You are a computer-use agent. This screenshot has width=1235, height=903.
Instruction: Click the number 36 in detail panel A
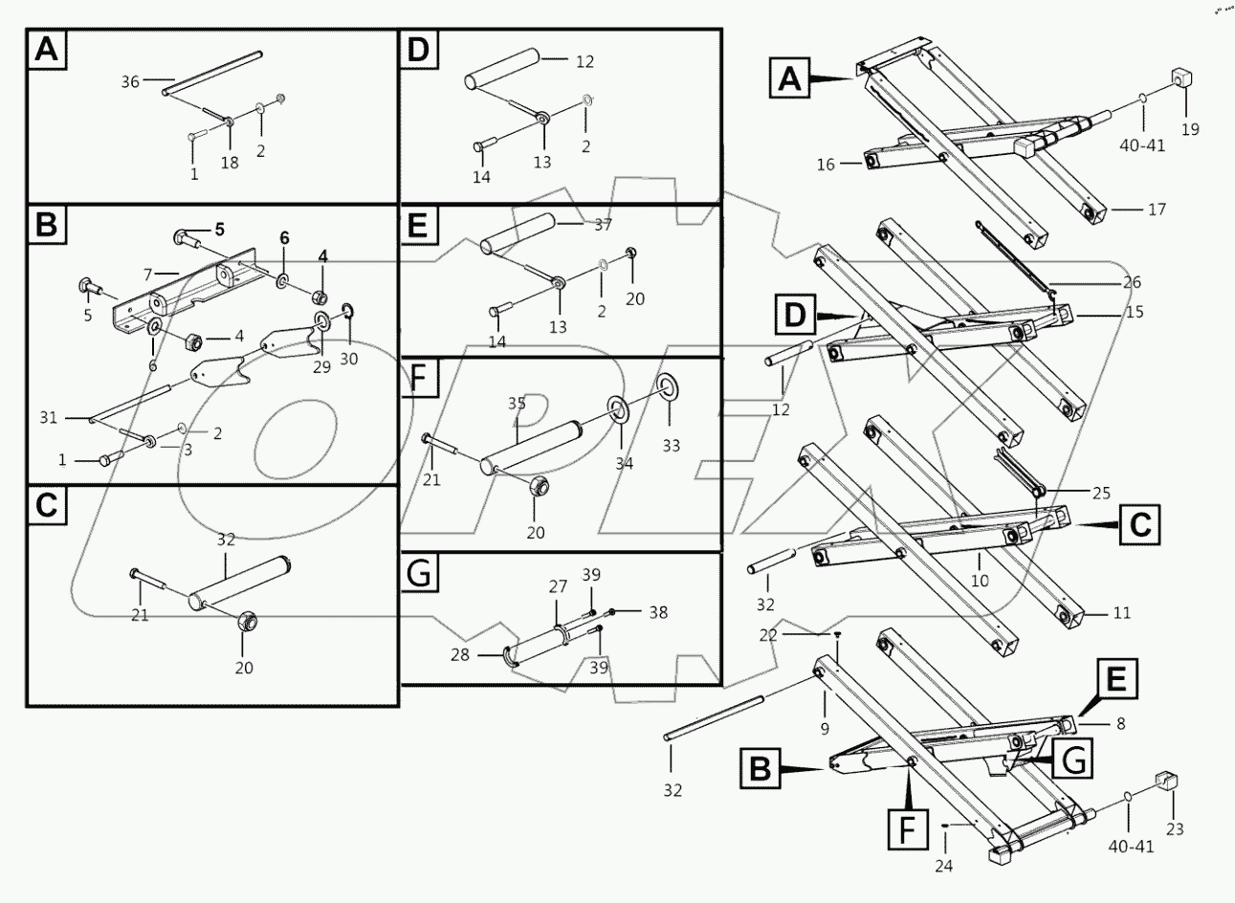coord(130,82)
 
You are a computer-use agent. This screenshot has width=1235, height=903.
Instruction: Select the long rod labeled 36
coord(213,73)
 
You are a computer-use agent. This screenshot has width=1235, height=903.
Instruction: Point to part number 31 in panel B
coord(49,418)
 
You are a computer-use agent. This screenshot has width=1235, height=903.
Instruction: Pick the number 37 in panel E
coord(602,225)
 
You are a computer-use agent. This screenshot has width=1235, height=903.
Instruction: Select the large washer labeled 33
coord(666,387)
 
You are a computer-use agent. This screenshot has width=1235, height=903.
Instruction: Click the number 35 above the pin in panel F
coord(517,403)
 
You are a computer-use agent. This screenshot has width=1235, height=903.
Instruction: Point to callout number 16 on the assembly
coord(827,165)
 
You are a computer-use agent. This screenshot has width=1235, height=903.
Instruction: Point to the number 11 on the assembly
coord(1121,612)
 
